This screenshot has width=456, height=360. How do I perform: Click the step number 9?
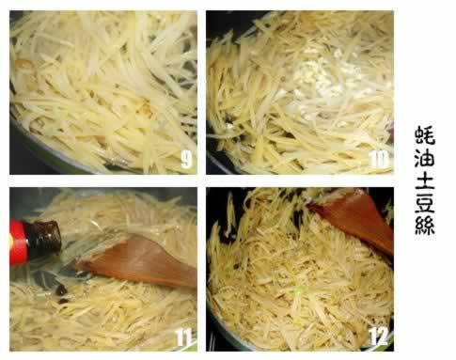point(186,159)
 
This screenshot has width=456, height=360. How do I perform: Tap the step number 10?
point(379,160)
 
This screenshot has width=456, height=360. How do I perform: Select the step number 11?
point(183,337)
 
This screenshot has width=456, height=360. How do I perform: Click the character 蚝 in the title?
point(425,135)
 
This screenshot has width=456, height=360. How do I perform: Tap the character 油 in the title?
point(425,158)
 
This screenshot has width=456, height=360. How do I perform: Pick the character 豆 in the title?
point(425,203)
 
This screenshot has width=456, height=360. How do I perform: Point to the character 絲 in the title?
point(425,226)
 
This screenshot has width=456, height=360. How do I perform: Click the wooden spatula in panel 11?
point(138,261)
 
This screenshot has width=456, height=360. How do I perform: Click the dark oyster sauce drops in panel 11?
point(61,293)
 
